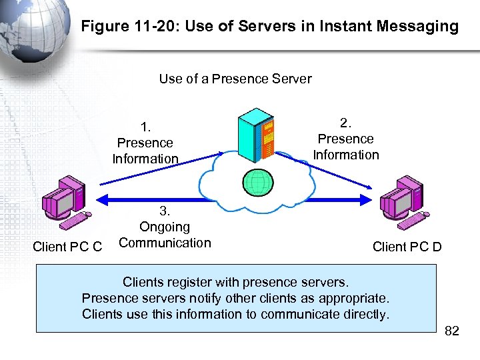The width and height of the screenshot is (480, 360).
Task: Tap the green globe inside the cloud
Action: point(258,181)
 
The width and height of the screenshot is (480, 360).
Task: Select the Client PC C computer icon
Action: point(64,200)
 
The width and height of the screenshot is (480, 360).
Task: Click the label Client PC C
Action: point(67,247)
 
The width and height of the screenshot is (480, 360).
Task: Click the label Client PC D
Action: point(407,247)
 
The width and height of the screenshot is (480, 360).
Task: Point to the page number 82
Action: point(451,331)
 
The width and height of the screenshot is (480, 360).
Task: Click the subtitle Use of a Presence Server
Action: point(235,79)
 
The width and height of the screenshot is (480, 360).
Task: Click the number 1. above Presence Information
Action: point(145,127)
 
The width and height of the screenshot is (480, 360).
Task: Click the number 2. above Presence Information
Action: point(345,123)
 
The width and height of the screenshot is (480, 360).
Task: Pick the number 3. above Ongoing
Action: point(164,211)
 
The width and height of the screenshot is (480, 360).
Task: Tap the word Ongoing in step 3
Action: point(164,227)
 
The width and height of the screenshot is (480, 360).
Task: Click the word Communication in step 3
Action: point(164,243)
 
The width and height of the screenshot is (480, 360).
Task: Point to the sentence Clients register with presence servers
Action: point(235,282)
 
